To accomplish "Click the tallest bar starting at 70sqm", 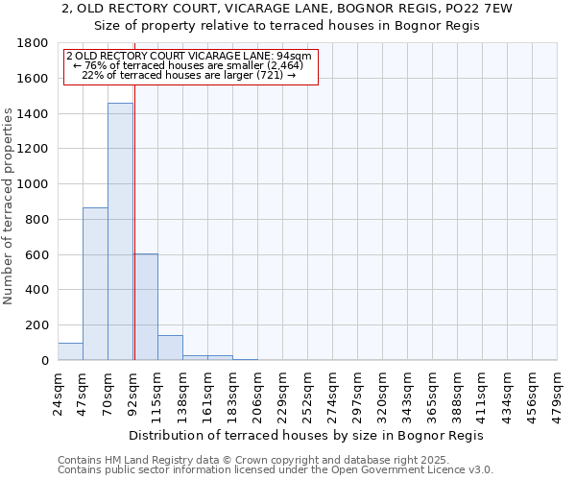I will point(120,231).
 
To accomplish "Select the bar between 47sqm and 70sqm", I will point(95,283).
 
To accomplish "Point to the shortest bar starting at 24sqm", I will point(70,351).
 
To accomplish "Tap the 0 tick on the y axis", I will point(44,361).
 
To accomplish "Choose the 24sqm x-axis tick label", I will point(59,390).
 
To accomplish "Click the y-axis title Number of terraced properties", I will point(10,206).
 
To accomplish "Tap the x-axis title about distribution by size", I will point(306,436).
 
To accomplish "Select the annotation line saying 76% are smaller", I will point(188,65).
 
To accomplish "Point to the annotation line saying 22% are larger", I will point(188,75).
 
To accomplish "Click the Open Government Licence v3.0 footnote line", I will point(276,470).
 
